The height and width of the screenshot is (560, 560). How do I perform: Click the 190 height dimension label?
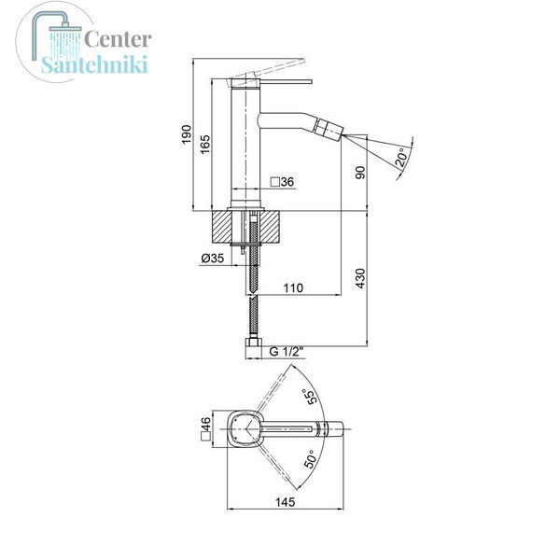pyautogui.click(x=186, y=134)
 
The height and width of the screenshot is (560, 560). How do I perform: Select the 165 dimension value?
pyautogui.click(x=205, y=145)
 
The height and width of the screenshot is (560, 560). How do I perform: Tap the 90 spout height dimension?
pyautogui.click(x=360, y=173)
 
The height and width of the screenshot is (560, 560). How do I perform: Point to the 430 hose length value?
pyautogui.click(x=360, y=278)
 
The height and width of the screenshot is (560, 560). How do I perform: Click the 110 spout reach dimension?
pyautogui.click(x=293, y=287)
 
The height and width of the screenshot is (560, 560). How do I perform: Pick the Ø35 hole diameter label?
pyautogui.click(x=213, y=258)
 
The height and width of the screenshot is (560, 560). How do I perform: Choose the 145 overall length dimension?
pyautogui.click(x=286, y=502)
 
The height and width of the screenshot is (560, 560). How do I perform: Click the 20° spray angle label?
pyautogui.click(x=401, y=157)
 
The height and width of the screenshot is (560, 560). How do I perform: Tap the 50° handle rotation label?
pyautogui.click(x=310, y=459)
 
